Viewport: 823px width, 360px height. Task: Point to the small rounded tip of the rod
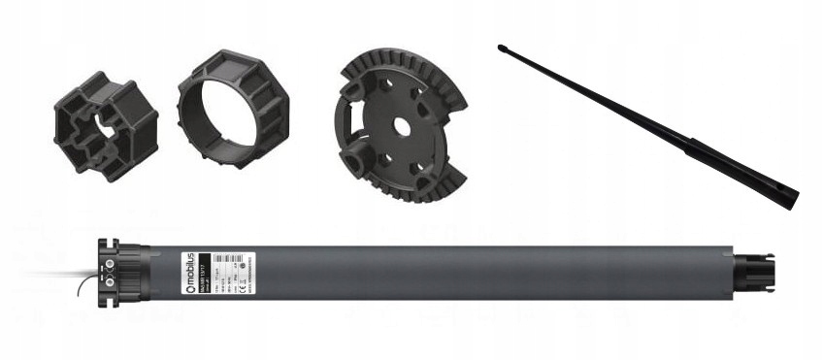(501, 46)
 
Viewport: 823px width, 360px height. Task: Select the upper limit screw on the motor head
(108, 259)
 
